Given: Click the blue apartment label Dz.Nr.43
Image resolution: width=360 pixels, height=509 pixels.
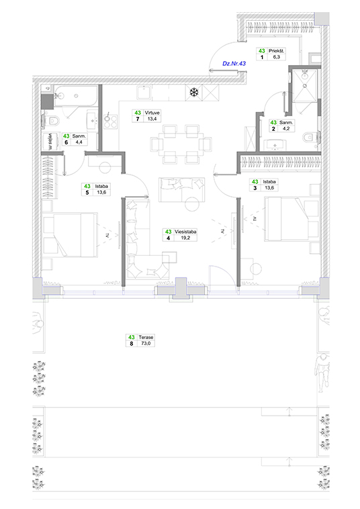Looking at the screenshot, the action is point(234,63).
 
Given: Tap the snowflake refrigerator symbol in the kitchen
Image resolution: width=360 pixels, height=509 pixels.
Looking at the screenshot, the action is point(194,93).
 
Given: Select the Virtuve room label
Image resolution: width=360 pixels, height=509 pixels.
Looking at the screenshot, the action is point(152,113).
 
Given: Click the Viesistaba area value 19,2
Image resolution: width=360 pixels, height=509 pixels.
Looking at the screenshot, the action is point(185,238).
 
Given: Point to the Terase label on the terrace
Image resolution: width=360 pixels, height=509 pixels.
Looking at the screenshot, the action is point(146,337).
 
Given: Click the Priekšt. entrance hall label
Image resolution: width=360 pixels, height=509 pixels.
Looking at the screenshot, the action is point(276,51).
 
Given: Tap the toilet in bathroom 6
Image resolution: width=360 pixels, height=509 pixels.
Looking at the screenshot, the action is point(52,121).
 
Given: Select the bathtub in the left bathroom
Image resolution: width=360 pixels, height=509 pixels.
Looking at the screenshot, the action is point(76,96).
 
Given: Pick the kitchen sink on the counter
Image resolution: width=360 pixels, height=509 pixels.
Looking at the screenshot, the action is point(144,93).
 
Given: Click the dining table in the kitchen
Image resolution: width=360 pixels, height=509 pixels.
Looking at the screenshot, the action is point(181,144).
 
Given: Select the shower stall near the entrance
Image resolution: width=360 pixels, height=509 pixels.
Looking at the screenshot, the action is point(304,86).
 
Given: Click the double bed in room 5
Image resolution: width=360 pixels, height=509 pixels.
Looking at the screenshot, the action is point(70,235).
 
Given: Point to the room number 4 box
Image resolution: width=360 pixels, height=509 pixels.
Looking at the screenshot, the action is point(168,238).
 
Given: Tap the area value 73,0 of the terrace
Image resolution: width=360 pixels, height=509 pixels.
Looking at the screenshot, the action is point(146,343).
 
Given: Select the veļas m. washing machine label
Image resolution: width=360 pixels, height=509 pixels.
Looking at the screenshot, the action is point(50,142).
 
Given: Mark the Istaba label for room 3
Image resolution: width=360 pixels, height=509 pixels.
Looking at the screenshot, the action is point(269,182).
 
